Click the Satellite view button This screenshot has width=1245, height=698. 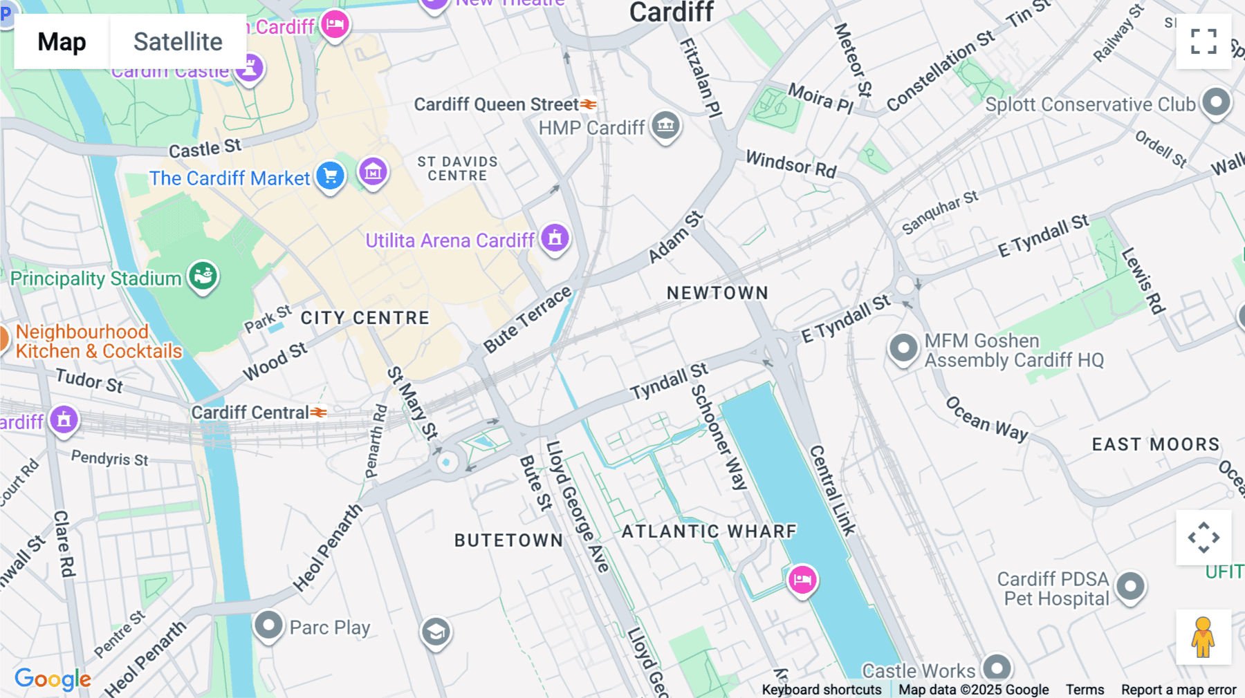[x=178, y=41]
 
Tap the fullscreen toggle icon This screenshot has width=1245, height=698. [x=1203, y=41]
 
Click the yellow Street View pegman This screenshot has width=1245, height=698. [x=1203, y=636]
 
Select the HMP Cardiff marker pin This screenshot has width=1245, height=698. [x=665, y=125]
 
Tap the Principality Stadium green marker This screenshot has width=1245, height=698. [x=203, y=276]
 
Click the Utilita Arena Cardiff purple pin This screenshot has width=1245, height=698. [x=555, y=238]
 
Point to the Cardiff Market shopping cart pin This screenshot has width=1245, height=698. [x=330, y=175]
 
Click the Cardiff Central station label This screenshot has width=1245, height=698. [x=250, y=413]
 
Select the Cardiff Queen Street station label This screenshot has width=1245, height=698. [x=496, y=104]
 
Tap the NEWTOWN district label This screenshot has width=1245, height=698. [x=717, y=293]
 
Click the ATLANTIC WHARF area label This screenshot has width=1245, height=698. [x=709, y=531]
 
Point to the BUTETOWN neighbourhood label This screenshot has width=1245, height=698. [x=508, y=540]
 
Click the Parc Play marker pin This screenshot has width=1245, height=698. [x=268, y=625]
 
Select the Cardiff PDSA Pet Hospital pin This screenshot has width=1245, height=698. [x=1130, y=586]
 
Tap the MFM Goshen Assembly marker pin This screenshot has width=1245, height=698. [x=903, y=348]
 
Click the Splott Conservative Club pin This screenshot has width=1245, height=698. [x=1216, y=102]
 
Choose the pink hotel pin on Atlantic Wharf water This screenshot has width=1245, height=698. [x=802, y=579]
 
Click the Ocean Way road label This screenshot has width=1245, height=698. [x=986, y=419]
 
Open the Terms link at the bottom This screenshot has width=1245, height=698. [x=1085, y=689]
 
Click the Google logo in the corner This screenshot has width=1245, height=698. [x=53, y=679]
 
